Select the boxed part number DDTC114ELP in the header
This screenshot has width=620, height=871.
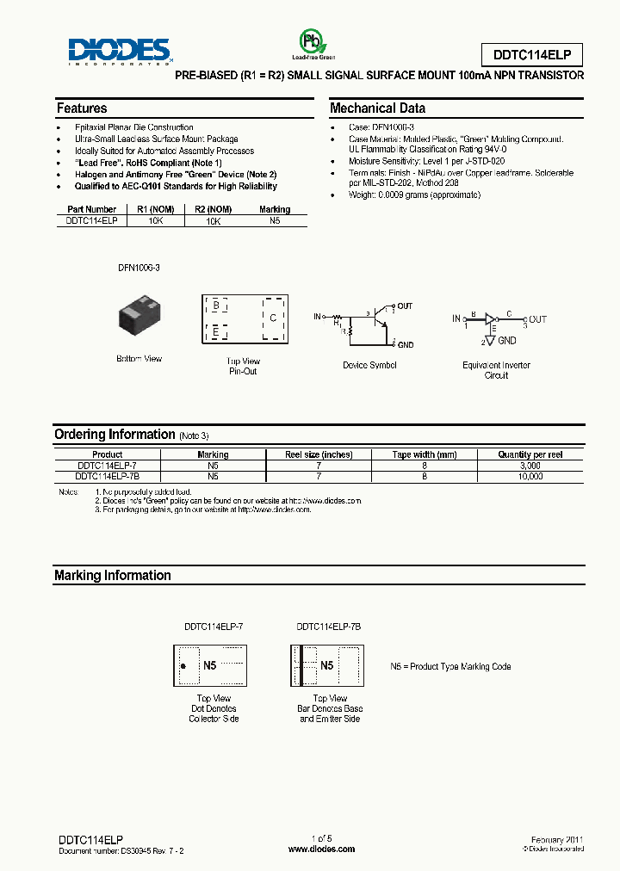coord(531,55)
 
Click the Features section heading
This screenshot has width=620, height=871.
coord(82,108)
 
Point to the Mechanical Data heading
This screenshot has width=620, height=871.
coord(377,108)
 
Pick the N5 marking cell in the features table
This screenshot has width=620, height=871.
coord(275,220)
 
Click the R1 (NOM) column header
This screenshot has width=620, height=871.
coord(155,209)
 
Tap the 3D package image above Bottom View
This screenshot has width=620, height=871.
coord(139,318)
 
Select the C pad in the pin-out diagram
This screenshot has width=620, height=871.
coord(273,318)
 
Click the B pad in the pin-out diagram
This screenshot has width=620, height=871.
coord(215,305)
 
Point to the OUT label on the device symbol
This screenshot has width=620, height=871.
coord(404,306)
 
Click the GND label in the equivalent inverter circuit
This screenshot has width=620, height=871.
coord(507,341)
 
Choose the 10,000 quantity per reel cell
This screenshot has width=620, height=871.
coord(530,476)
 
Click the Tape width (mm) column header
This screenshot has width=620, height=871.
coord(425,454)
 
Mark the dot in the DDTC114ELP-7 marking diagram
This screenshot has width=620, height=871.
coord(183,667)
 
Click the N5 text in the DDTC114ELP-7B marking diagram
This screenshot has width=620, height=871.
coord(326,666)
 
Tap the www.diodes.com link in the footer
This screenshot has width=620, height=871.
coord(321,849)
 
